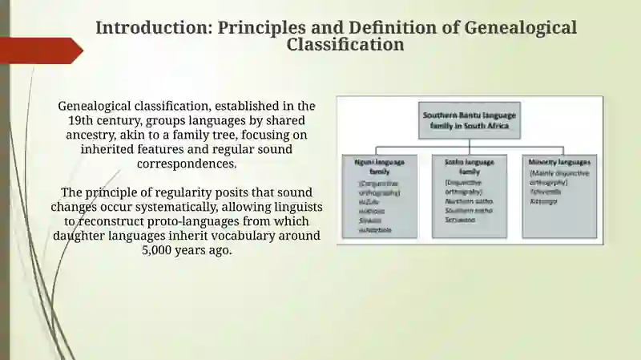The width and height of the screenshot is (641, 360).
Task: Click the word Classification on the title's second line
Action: coord(345,44)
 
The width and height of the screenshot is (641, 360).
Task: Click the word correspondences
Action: coord(187,164)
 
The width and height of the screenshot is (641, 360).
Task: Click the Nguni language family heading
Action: coord(380,166)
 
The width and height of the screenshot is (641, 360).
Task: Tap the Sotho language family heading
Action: coord(470,166)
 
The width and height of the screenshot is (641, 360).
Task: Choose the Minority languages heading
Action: coord(559,162)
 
